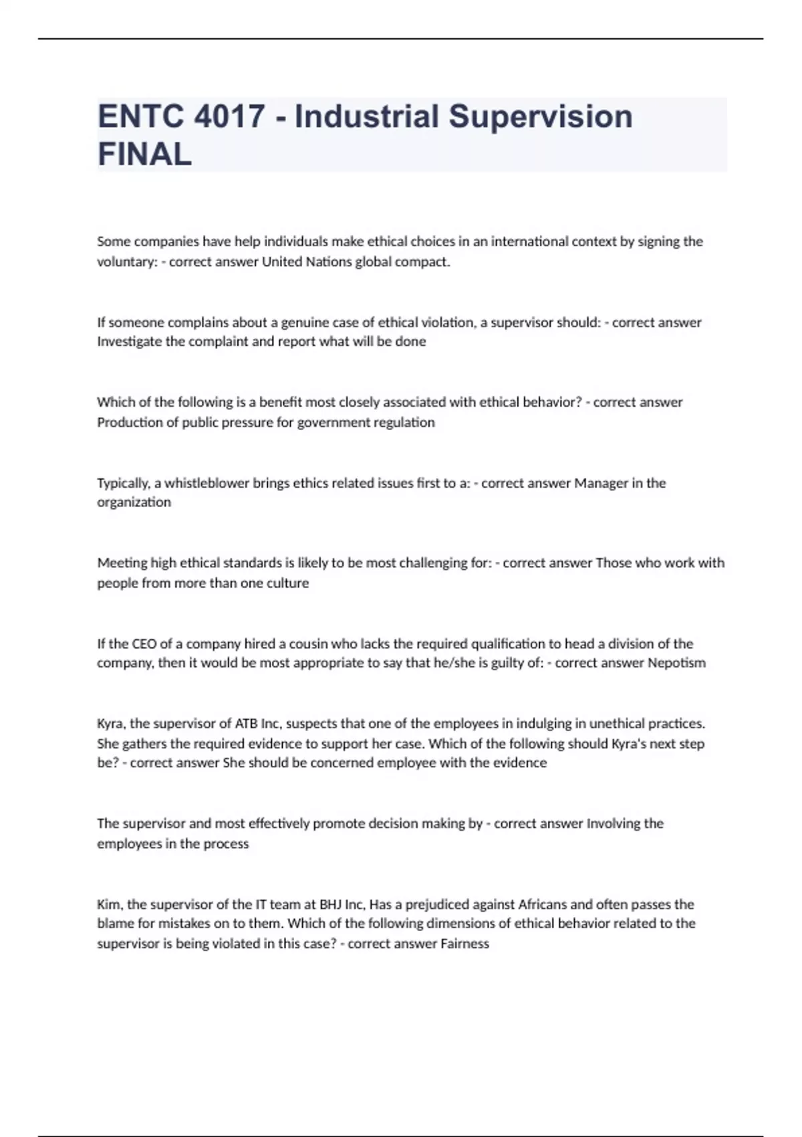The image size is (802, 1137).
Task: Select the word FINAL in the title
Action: (x=145, y=154)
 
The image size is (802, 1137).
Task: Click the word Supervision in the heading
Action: (x=540, y=117)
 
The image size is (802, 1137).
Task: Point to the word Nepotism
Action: (x=676, y=663)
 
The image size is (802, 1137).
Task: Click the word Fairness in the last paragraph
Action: (x=464, y=944)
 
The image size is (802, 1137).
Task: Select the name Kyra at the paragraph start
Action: (x=110, y=724)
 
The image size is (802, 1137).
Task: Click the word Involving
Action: (x=614, y=823)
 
